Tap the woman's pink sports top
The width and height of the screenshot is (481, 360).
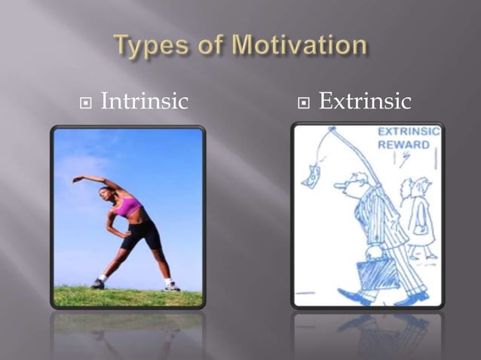point(129,206)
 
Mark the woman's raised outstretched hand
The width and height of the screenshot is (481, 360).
point(76,179)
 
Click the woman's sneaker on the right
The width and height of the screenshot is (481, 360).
point(173,285)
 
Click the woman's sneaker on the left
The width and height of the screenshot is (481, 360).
point(98,284)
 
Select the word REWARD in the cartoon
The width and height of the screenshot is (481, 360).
point(404,145)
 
